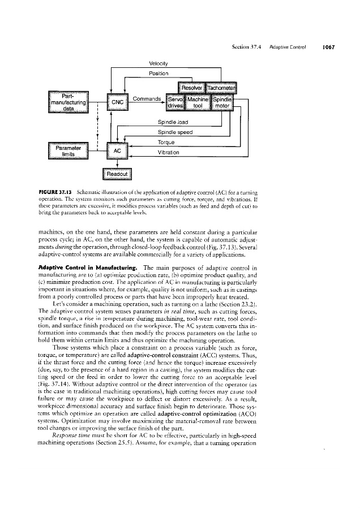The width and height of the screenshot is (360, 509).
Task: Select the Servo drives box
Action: [172, 102]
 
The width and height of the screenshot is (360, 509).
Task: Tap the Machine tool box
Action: [198, 102]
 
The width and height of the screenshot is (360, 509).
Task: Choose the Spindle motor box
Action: [225, 102]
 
